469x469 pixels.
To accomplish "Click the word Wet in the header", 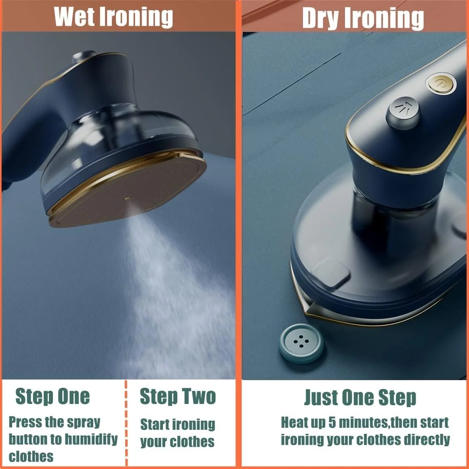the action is pos(74,17).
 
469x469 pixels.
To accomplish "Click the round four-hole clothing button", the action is pos(301,343).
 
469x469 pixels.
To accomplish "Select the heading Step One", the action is pos(53,397).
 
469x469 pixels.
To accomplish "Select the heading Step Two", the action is pos(178,397).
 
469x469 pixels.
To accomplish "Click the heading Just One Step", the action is pos(360,397).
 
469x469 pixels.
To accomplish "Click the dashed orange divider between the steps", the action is pos(126,423).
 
